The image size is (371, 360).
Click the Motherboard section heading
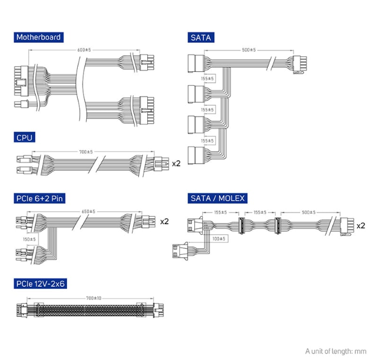[39, 37]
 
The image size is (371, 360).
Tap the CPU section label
[24, 137]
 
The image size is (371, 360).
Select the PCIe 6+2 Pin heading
[40, 198]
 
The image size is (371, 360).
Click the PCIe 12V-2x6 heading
[40, 283]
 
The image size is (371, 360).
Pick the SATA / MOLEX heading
[217, 198]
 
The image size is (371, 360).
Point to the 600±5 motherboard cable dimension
[84, 50]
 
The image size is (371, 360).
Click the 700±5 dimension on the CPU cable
[86, 152]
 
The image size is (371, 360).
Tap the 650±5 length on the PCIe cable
[89, 211]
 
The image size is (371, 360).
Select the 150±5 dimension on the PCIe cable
[30, 239]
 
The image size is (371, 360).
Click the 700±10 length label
[94, 298]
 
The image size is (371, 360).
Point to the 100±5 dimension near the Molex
[219, 239]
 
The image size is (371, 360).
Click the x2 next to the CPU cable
[176, 164]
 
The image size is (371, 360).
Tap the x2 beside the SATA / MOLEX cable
[361, 226]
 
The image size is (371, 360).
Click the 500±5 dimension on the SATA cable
[249, 50]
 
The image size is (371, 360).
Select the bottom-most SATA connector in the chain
[196, 155]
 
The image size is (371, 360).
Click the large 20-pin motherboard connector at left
[21, 81]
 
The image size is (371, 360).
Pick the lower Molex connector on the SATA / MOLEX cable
[180, 251]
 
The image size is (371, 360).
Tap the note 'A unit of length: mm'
[336, 351]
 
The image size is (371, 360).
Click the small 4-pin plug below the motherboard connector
[22, 104]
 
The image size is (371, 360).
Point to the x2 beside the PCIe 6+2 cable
[165, 222]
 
